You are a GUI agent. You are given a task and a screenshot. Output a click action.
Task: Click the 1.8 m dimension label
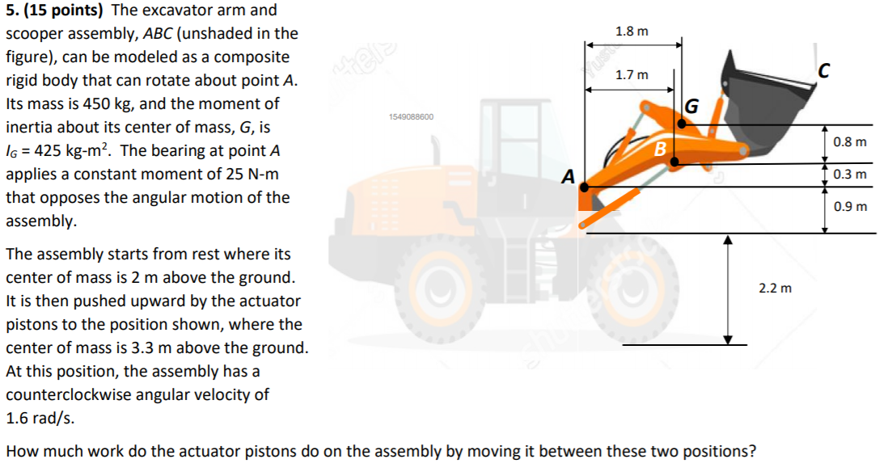click(632, 32)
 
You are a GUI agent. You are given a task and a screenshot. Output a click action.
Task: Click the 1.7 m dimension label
click(632, 75)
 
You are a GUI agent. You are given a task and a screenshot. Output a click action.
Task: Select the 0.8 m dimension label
click(850, 142)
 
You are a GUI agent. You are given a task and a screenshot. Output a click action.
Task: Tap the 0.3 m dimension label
click(850, 175)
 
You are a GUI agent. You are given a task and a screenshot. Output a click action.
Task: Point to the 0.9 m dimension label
click(850, 206)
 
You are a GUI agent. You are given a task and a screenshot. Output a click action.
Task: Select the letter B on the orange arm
click(660, 149)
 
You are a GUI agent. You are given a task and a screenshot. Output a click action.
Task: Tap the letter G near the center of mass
click(692, 106)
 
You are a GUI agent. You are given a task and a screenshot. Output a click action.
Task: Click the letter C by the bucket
click(824, 72)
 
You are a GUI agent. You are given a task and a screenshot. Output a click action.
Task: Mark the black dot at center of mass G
click(682, 124)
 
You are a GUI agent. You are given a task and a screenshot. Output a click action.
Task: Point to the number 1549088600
click(411, 117)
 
